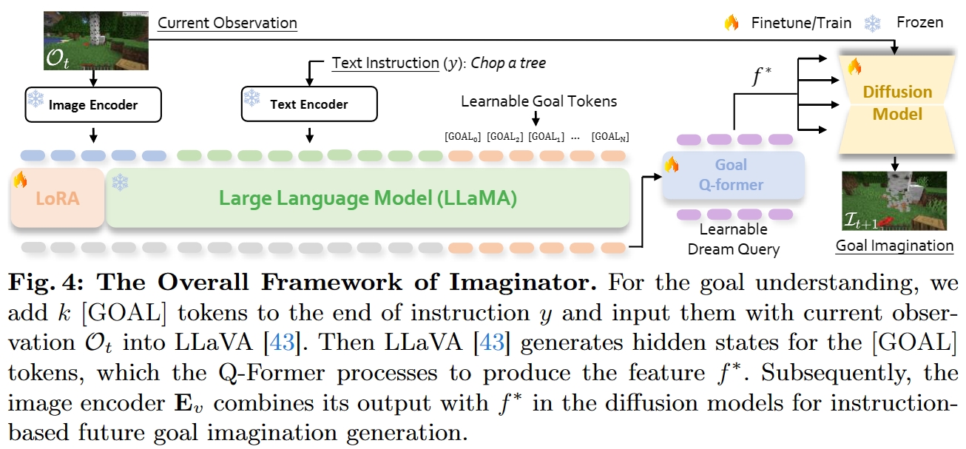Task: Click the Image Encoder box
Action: point(93,105)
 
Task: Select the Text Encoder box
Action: point(309,104)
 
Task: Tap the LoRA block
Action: point(58,198)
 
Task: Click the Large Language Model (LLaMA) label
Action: point(368,198)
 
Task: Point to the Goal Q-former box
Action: point(734,175)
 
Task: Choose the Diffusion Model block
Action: point(897,104)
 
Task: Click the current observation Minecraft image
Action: point(96,41)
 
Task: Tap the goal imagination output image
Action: point(894,200)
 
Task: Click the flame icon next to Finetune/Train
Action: point(732,22)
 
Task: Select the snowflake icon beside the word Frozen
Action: point(872,23)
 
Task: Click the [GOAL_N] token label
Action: point(610,137)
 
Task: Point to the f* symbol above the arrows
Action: point(762,76)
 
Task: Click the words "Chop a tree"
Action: point(508,63)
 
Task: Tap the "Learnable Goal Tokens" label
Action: point(538,101)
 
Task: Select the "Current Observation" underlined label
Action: point(227,23)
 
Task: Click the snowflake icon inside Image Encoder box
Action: point(36,99)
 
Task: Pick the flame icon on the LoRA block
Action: point(20,180)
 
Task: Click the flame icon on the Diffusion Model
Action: point(854,67)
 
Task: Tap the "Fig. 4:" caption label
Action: point(46,283)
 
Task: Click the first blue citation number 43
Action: point(282,342)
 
